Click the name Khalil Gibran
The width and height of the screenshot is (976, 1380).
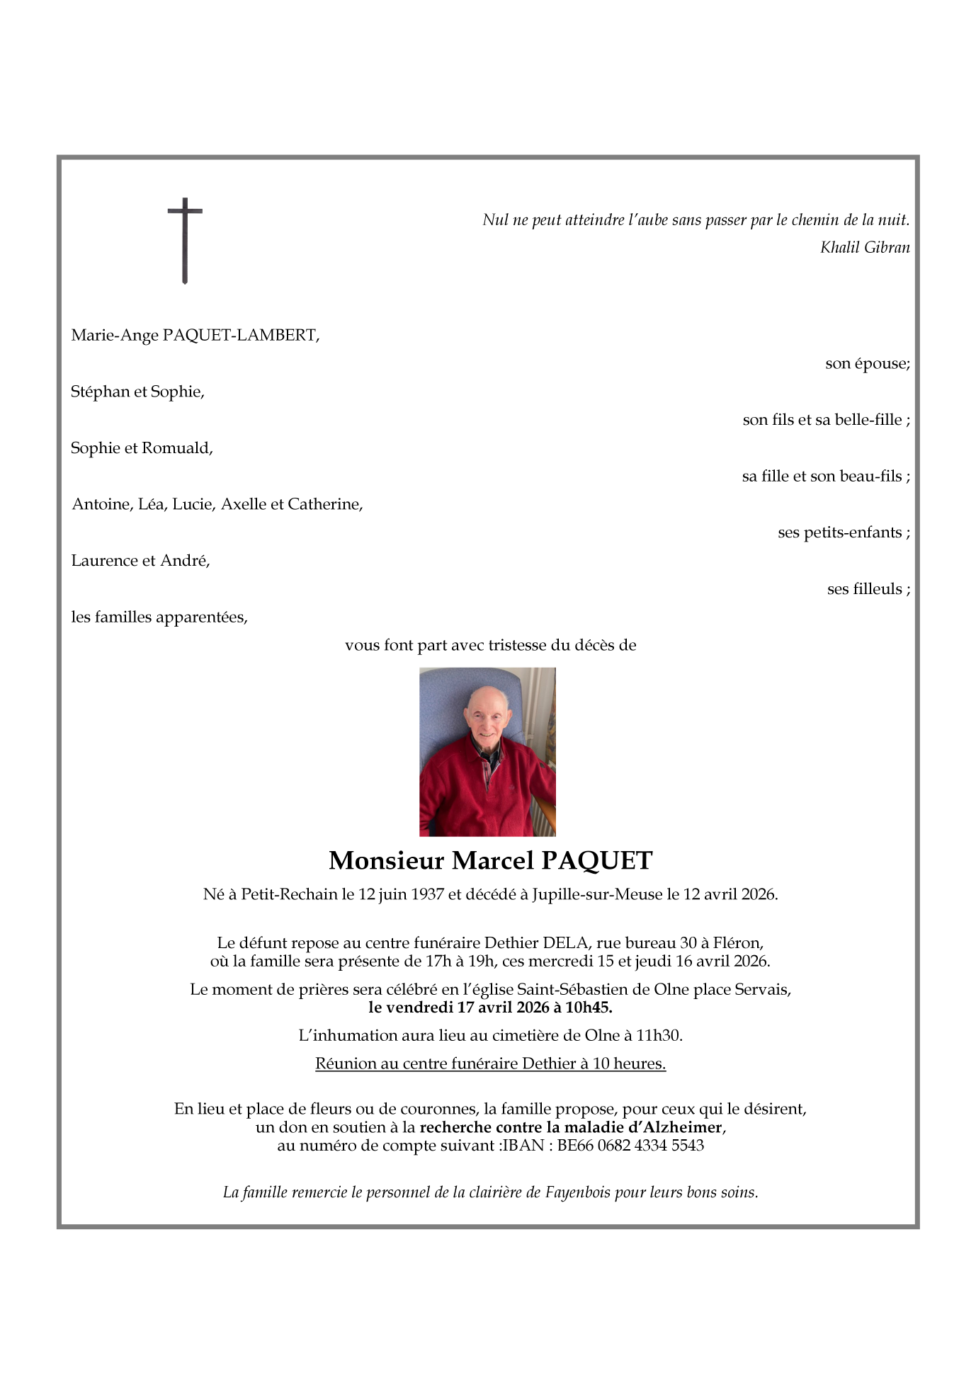[x=864, y=247]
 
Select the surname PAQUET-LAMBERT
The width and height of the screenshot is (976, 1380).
[x=239, y=335]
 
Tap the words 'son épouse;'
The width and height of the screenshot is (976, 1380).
[x=867, y=364]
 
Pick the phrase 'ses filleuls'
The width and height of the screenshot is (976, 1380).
[x=864, y=589]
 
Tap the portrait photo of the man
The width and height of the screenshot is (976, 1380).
[x=487, y=751]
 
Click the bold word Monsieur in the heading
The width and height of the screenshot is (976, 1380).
[x=386, y=861]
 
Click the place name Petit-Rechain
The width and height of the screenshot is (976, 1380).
[x=289, y=894]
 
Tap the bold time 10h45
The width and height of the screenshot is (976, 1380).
[x=588, y=1008]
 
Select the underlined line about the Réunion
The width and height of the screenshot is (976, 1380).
[x=490, y=1063]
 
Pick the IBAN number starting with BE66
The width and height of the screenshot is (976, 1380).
[x=630, y=1146]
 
